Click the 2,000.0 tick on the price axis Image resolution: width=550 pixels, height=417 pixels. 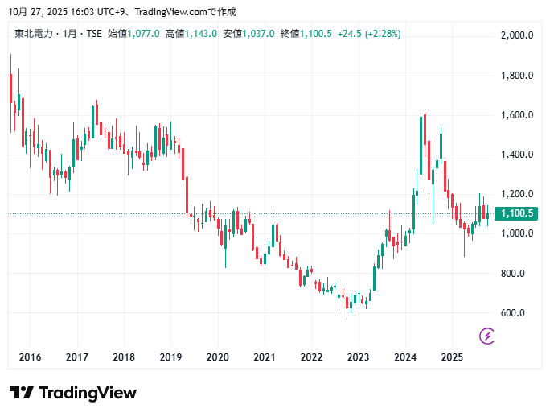click(x=517, y=35)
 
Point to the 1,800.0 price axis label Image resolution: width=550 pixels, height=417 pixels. click(x=517, y=76)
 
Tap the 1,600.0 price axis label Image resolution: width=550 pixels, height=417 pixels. click(x=517, y=115)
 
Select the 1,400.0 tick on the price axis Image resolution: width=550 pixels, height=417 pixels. click(x=517, y=155)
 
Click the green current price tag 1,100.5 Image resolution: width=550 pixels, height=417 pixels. click(x=517, y=213)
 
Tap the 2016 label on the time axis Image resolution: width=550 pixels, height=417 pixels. click(x=30, y=357)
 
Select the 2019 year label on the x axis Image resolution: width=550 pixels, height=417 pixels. click(x=170, y=357)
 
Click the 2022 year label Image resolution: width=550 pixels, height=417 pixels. click(x=311, y=357)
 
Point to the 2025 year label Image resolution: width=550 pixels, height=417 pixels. click(x=452, y=357)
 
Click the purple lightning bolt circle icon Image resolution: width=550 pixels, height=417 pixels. click(x=486, y=335)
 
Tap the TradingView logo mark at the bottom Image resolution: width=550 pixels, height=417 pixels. click(x=22, y=393)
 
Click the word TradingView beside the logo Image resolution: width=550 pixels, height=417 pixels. click(x=88, y=393)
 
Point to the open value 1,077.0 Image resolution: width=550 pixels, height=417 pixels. click(x=144, y=34)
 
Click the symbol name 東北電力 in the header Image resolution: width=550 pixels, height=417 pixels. click(x=33, y=34)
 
